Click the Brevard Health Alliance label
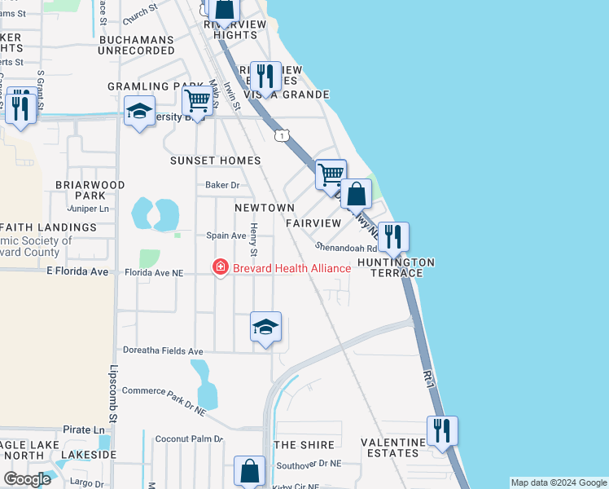(291, 267)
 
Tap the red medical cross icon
(220, 267)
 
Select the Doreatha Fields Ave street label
(162, 351)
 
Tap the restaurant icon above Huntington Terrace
(392, 237)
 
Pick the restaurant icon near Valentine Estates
(442, 430)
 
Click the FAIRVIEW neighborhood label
(313, 222)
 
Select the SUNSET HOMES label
(215, 161)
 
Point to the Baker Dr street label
(221, 185)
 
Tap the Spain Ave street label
(226, 236)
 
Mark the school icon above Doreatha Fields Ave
(265, 328)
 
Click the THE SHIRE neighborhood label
(304, 445)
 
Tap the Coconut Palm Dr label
(189, 438)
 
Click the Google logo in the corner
(28, 479)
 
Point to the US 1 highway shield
(282, 134)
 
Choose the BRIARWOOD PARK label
(90, 190)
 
